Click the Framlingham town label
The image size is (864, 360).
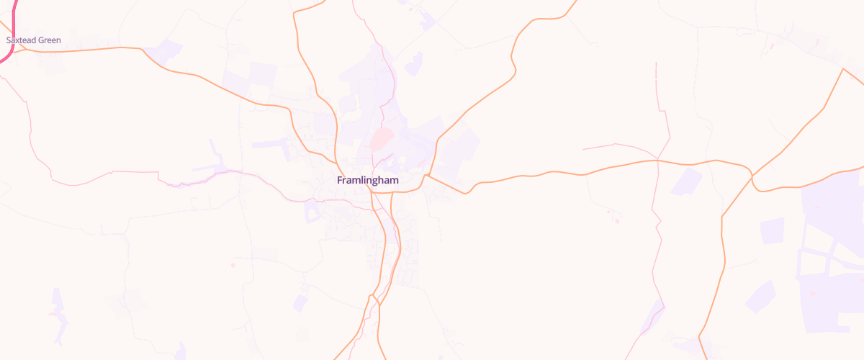[x=367, y=180]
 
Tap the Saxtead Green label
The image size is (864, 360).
[x=33, y=40]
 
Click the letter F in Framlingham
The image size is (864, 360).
[x=340, y=180]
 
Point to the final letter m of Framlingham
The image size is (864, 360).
[x=393, y=180]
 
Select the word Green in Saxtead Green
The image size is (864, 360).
[x=49, y=40]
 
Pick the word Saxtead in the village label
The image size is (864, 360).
[x=21, y=40]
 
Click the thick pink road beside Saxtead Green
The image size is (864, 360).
[x=14, y=29]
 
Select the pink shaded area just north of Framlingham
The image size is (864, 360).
[x=382, y=138]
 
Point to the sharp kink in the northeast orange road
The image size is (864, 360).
[x=514, y=69]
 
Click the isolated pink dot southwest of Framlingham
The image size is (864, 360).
[x=233, y=266]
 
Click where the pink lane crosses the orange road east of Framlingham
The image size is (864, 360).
[x=657, y=161]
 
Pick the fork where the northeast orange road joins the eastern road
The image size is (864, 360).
[x=427, y=174]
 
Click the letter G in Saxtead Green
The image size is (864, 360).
[x=40, y=40]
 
